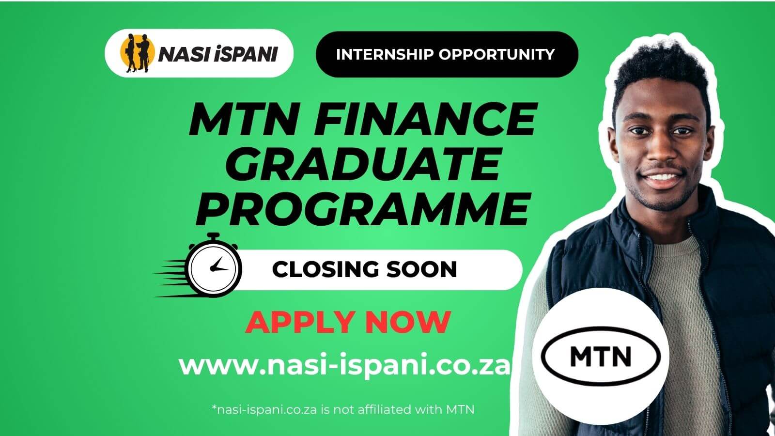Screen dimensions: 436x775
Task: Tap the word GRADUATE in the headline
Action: tap(363, 165)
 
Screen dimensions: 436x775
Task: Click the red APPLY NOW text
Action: tap(348, 322)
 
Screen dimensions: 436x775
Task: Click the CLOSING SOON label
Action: tap(364, 269)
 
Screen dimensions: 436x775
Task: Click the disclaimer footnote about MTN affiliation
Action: tap(343, 409)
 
